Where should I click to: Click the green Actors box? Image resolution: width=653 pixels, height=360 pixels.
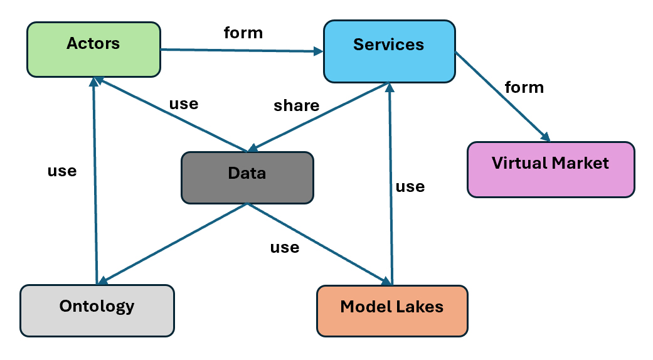tap(93, 50)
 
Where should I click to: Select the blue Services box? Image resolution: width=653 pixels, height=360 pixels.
tap(389, 51)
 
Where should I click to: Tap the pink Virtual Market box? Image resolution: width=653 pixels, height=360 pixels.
tap(551, 169)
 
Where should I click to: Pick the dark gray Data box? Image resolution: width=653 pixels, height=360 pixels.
tap(247, 177)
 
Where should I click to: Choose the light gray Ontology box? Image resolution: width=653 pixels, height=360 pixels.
tap(97, 310)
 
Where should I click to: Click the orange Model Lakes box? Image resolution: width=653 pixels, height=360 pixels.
tap(392, 311)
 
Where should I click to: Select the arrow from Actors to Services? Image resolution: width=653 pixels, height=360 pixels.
tap(238, 50)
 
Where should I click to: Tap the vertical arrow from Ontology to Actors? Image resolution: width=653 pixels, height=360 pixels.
tap(95, 182)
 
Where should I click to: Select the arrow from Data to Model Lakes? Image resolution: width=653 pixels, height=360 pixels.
tap(317, 243)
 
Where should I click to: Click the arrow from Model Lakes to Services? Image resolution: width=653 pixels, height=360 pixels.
tap(391, 182)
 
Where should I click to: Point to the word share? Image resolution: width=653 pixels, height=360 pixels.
tap(296, 106)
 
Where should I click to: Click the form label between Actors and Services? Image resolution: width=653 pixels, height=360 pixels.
tap(243, 32)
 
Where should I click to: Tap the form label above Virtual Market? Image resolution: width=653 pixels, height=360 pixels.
tap(524, 87)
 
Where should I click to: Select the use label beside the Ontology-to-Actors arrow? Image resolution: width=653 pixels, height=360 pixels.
tap(62, 171)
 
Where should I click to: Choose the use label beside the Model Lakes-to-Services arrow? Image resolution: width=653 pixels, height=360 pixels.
tap(410, 186)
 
